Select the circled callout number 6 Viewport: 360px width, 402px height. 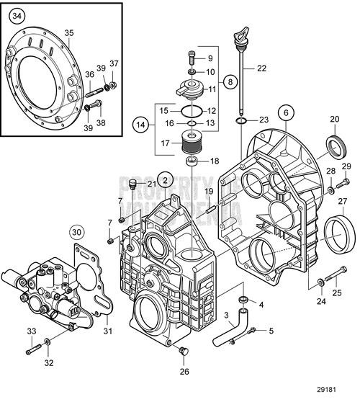click(285, 112)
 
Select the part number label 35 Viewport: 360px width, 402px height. click(69, 33)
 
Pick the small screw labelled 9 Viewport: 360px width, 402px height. click(192, 55)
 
